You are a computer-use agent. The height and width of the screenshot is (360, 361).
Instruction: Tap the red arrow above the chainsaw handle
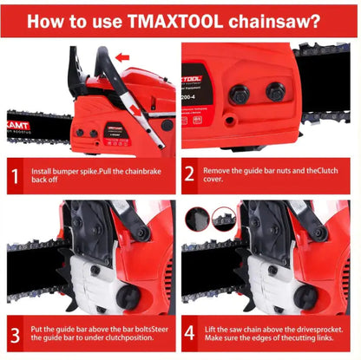pos(122,58)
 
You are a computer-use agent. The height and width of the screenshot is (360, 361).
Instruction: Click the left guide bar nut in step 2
pos(240,94)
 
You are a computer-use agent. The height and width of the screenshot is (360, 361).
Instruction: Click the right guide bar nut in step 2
pos(276,91)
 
